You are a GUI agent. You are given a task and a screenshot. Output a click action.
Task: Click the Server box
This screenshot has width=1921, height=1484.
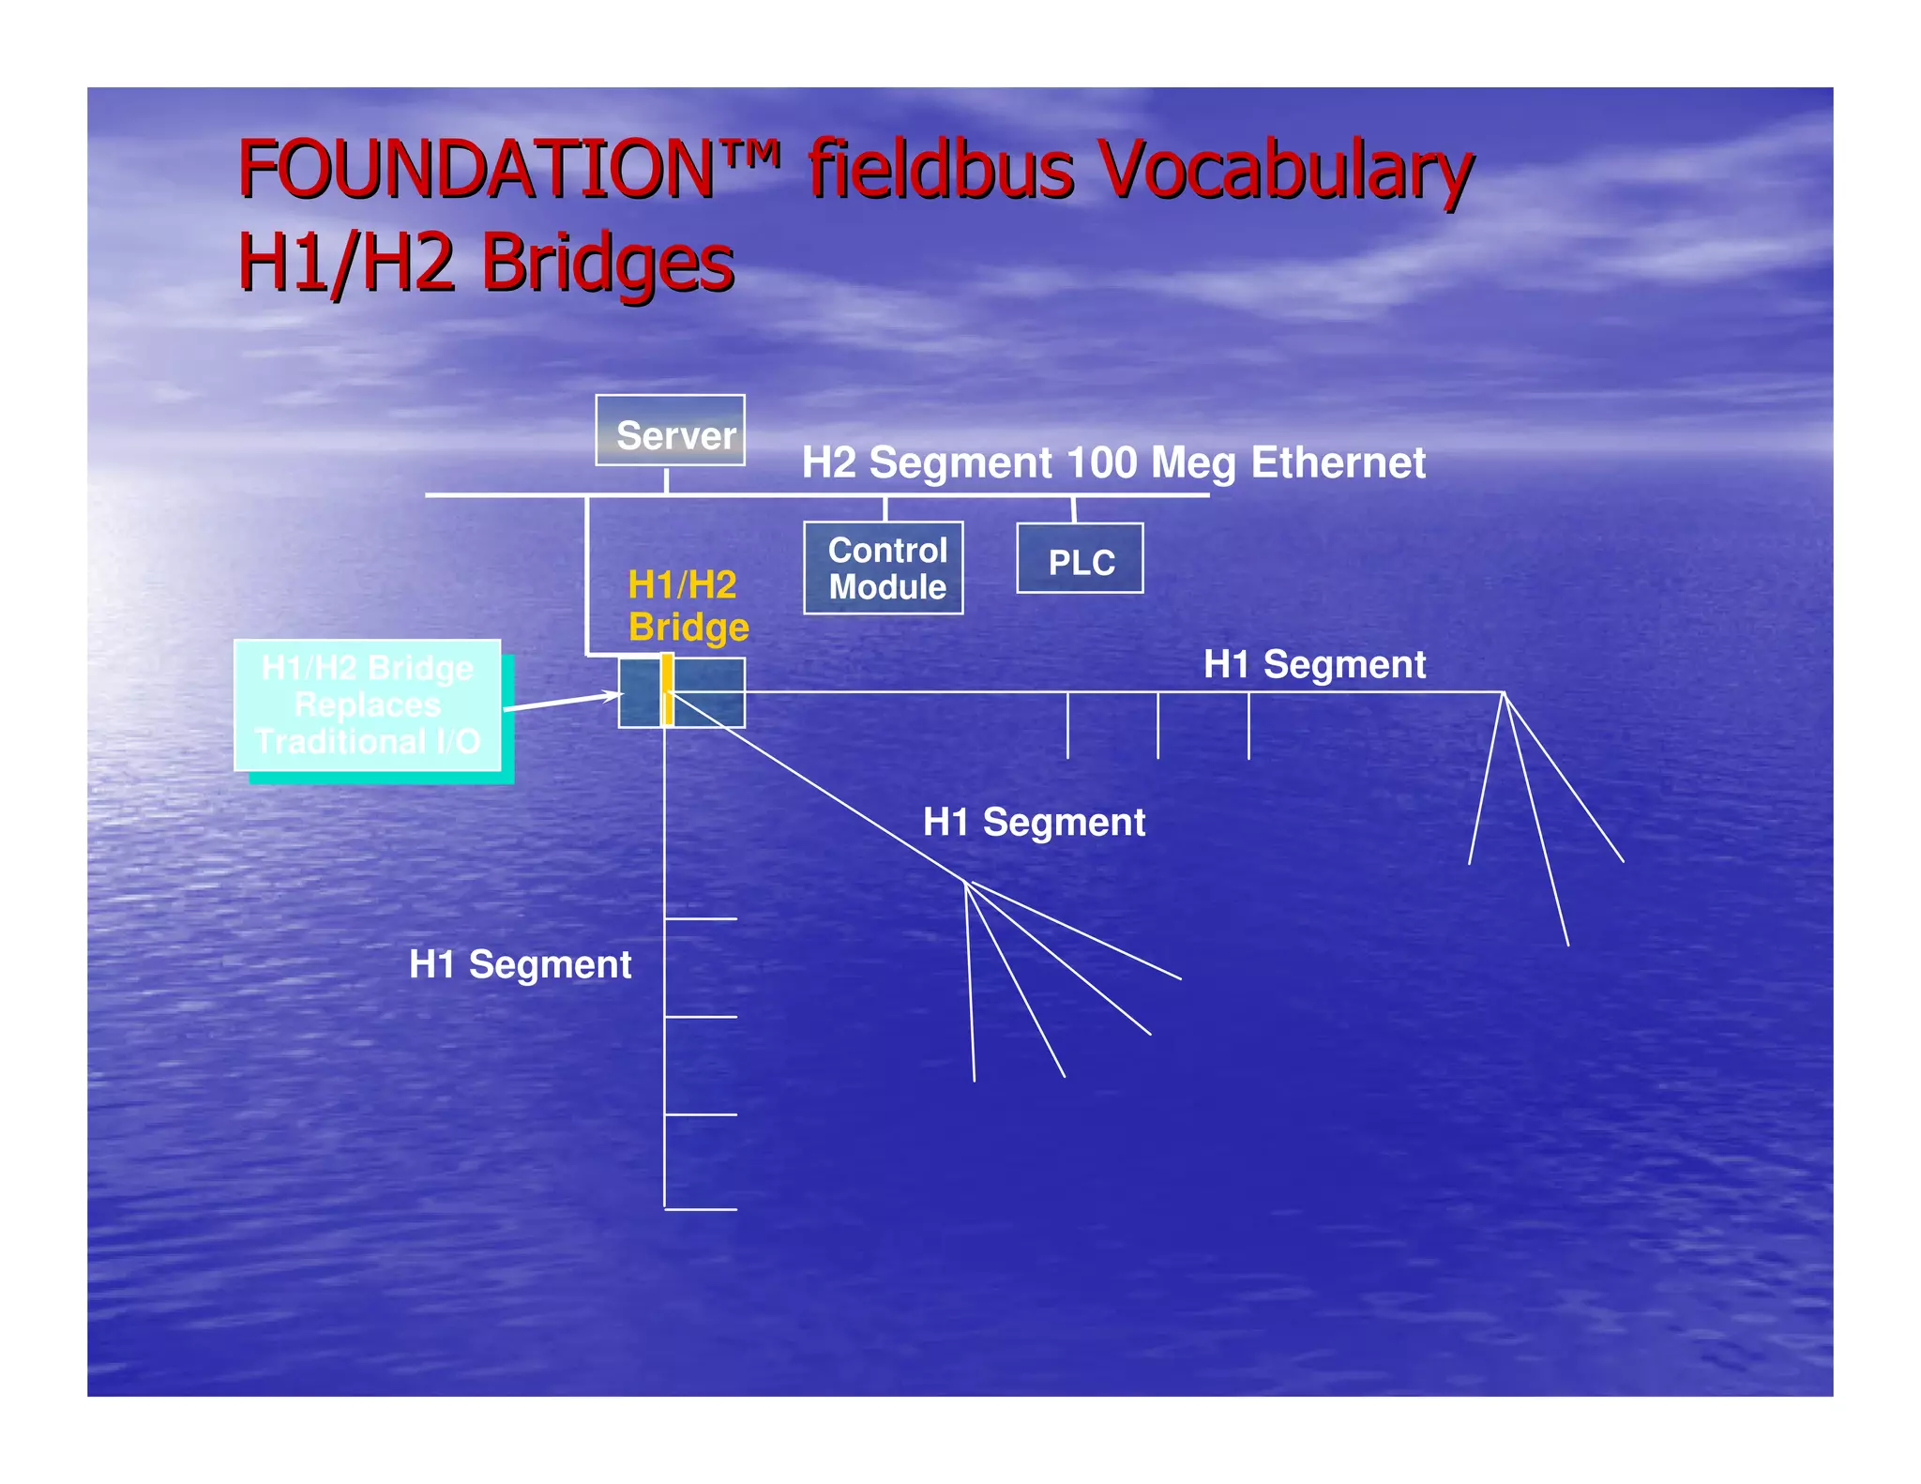tap(670, 431)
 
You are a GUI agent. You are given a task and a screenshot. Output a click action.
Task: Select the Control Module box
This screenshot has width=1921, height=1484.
tap(883, 568)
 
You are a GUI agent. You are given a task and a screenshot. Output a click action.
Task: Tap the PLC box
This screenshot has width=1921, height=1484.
tap(1080, 559)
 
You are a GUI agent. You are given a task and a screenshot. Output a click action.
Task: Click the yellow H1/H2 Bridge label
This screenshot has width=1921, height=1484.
tap(688, 606)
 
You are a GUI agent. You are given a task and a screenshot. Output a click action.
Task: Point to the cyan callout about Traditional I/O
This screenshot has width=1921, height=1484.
tap(367, 705)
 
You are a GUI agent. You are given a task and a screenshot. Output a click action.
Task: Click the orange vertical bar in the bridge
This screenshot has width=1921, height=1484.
tap(667, 690)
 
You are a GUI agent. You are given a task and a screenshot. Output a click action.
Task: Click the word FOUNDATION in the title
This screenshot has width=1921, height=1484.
tap(476, 170)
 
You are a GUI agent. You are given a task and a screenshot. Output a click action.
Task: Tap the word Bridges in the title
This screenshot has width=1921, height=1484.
tap(607, 264)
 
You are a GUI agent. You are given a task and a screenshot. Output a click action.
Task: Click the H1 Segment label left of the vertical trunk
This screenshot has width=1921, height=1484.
tap(520, 964)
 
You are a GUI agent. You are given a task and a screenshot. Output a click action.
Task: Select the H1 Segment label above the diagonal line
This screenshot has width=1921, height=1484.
tap(1034, 823)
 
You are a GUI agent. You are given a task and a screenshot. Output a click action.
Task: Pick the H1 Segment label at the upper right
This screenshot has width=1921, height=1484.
tap(1314, 664)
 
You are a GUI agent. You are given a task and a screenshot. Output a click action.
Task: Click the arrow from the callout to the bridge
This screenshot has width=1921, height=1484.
tap(562, 702)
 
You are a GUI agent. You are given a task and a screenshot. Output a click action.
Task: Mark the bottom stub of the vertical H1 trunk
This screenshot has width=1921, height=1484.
tap(701, 1209)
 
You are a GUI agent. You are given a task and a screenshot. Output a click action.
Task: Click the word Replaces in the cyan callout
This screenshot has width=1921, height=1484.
tap(367, 704)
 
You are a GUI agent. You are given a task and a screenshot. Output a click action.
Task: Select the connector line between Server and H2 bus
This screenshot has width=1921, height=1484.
tap(666, 480)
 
